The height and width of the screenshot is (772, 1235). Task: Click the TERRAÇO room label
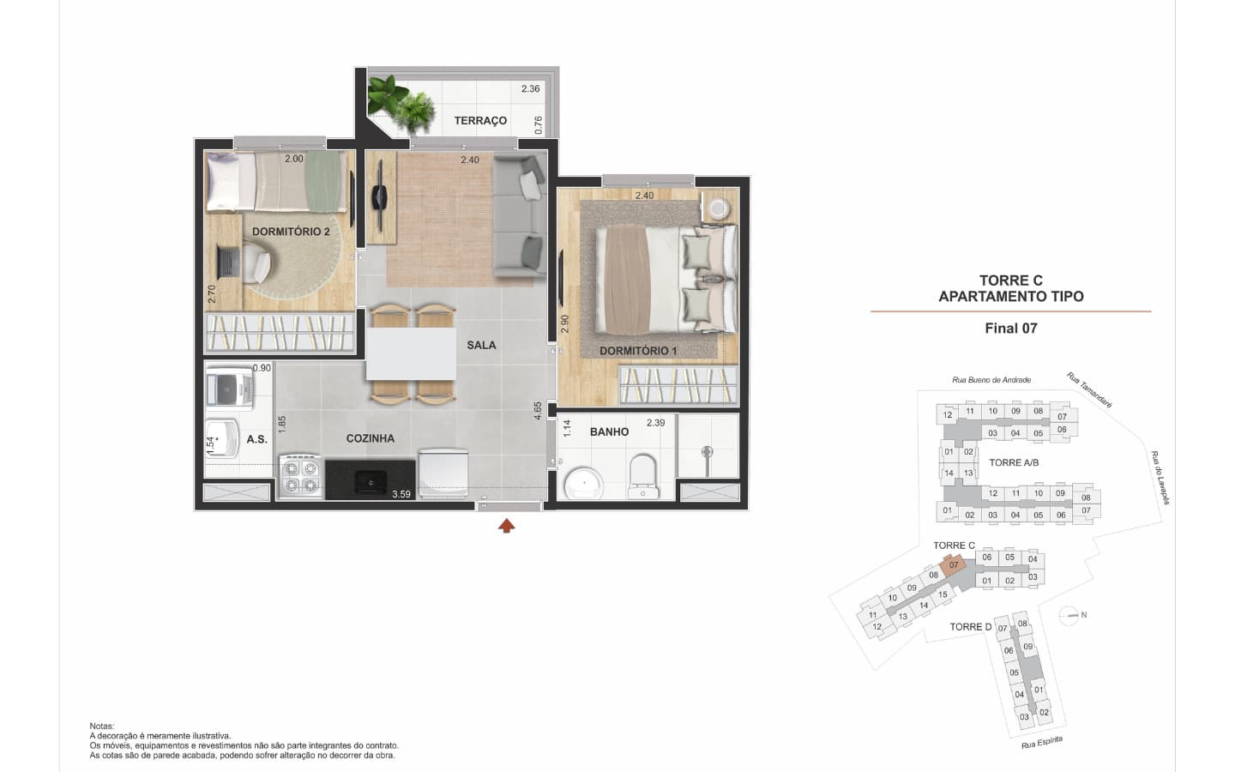tap(480, 121)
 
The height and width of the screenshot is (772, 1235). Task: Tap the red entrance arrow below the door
tap(507, 526)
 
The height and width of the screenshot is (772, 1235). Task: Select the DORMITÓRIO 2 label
tap(291, 232)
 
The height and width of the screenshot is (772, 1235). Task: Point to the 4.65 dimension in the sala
tap(538, 412)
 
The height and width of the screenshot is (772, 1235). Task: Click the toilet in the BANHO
tap(643, 475)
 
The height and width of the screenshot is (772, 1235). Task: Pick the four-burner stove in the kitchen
tap(300, 477)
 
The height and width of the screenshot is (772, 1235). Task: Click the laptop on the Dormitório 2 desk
tap(228, 262)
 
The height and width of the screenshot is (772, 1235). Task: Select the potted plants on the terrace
tap(401, 104)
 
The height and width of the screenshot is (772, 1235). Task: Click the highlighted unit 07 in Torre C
tap(954, 565)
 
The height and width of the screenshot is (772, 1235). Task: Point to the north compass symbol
tap(1069, 615)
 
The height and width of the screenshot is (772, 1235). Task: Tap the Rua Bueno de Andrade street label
tap(991, 380)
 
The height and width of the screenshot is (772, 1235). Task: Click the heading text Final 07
tap(1011, 329)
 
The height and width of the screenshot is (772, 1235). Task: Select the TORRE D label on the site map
tap(970, 627)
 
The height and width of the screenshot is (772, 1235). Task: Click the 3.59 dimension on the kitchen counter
tap(401, 494)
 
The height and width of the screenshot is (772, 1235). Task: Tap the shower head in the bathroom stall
tap(707, 452)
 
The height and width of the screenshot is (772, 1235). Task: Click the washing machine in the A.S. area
tap(230, 389)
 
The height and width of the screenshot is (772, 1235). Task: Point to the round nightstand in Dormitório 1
tap(717, 208)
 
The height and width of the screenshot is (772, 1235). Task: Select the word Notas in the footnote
tap(102, 727)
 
